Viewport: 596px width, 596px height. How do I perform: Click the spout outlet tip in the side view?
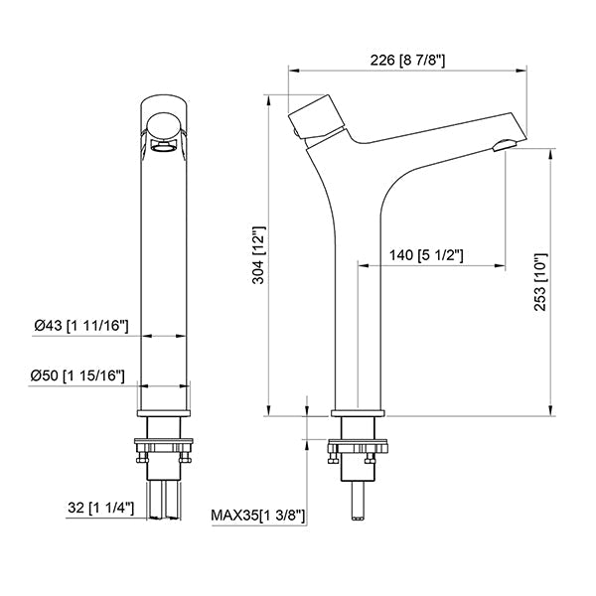click(504, 148)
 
